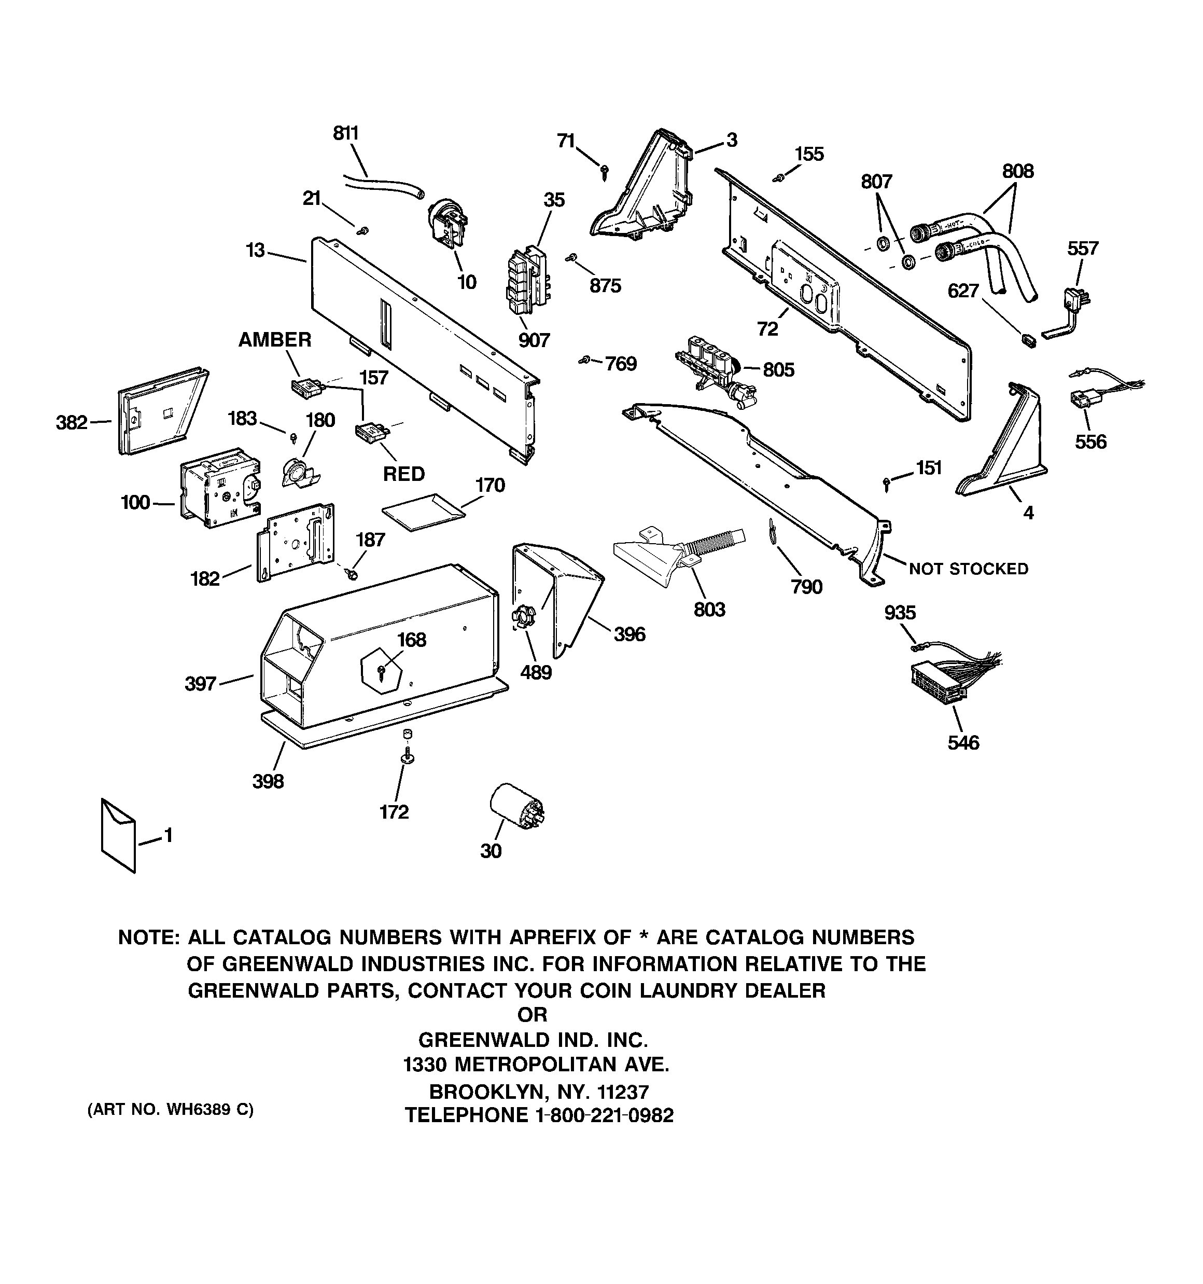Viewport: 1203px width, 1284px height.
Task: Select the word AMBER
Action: (274, 339)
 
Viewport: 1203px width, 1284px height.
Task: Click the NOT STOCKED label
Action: (968, 569)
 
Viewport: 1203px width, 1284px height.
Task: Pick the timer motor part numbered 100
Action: (219, 483)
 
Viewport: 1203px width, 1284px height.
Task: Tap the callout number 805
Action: (778, 369)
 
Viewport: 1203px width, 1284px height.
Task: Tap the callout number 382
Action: (72, 422)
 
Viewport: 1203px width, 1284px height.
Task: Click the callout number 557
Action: (1082, 248)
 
